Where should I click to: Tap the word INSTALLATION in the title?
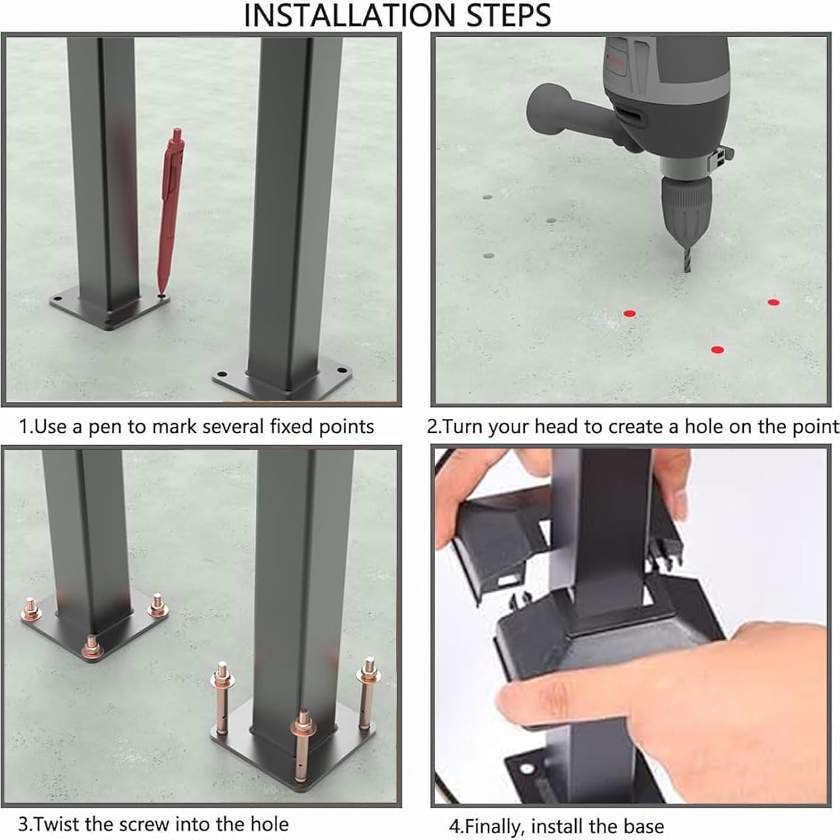pyautogui.click(x=352, y=15)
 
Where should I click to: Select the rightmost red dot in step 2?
pyautogui.click(x=773, y=302)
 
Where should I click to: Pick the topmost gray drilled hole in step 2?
pyautogui.click(x=487, y=198)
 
